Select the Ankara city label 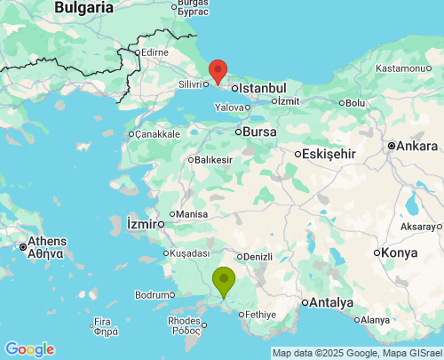point(416,146)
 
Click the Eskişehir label point(329,154)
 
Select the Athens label point(46,241)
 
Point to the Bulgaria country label point(84,7)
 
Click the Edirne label point(155,52)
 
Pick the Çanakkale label point(157,134)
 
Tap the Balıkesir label point(213,160)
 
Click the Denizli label point(257,257)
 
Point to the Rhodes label point(184,322)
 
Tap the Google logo point(29,349)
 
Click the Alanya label point(376,320)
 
